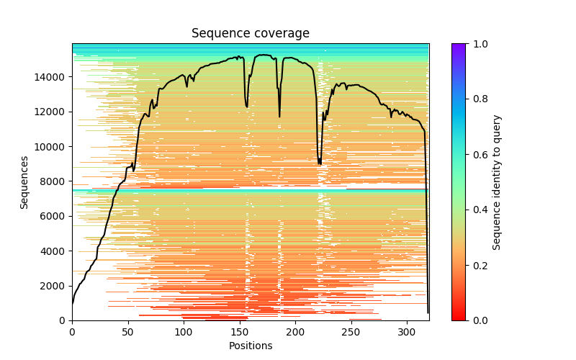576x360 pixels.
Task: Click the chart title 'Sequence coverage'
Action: tap(250, 34)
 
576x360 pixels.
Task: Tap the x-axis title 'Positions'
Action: tap(250, 346)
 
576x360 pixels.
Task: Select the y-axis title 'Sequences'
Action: tap(24, 182)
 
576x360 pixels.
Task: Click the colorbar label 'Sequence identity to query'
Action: tap(497, 182)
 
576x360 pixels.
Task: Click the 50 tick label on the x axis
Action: tap(128, 331)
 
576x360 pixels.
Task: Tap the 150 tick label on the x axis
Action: tap(240, 331)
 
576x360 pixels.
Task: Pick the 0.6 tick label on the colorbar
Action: tap(477, 154)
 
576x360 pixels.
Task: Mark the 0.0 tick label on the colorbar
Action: tap(477, 320)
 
